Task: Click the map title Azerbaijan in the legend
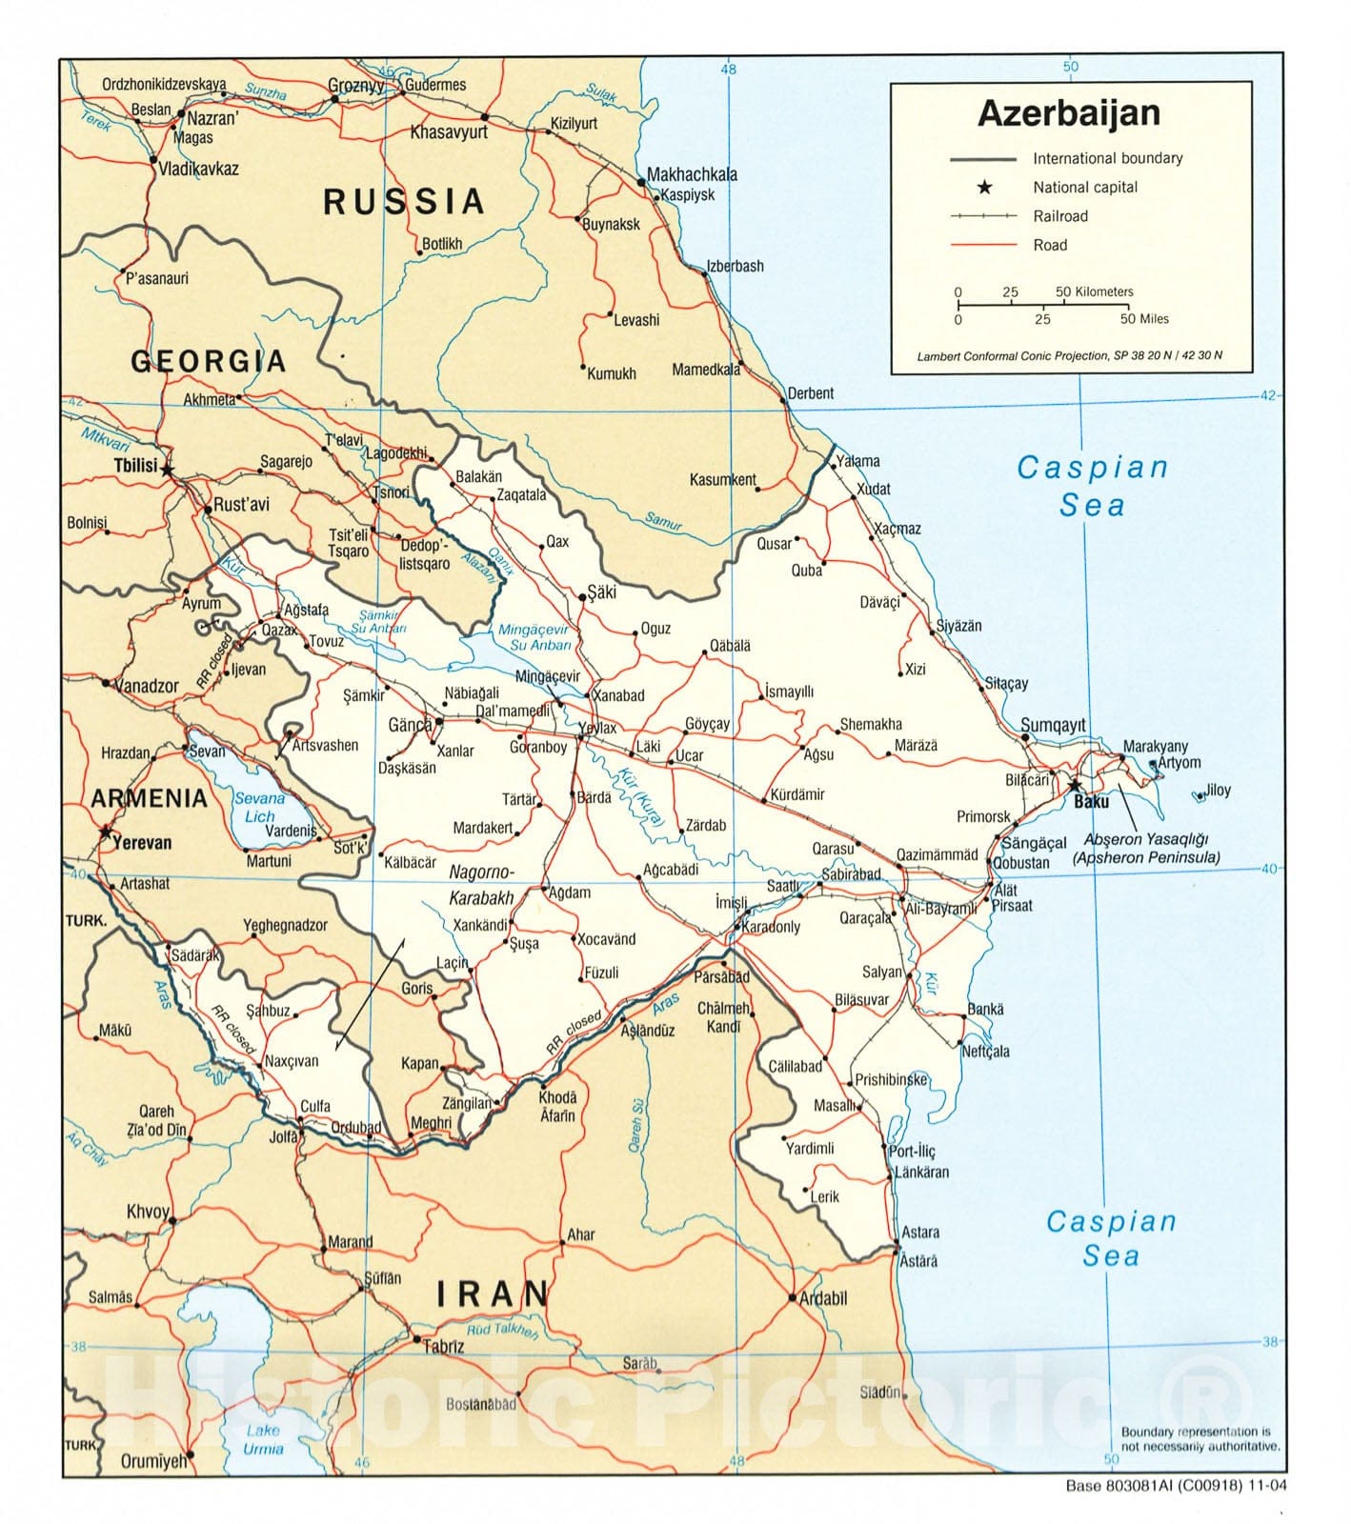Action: pyautogui.click(x=1069, y=113)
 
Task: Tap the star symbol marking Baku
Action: pyautogui.click(x=1075, y=786)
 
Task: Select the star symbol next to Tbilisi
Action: pyautogui.click(x=168, y=469)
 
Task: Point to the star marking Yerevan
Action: pyautogui.click(x=105, y=832)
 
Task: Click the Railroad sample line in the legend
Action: pyautogui.click(x=984, y=216)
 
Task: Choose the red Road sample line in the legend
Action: pyautogui.click(x=984, y=245)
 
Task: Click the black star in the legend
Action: pyautogui.click(x=984, y=188)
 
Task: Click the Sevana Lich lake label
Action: pyautogui.click(x=259, y=807)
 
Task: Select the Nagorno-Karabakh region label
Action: pyautogui.click(x=481, y=885)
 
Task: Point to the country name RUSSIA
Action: pyautogui.click(x=404, y=202)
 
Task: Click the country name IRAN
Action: pyautogui.click(x=493, y=1293)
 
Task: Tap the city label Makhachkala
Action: pyautogui.click(x=692, y=174)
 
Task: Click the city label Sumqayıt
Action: pyautogui.click(x=1053, y=725)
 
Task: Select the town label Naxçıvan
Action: pyautogui.click(x=292, y=1060)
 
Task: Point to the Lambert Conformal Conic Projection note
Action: pyautogui.click(x=1069, y=355)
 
